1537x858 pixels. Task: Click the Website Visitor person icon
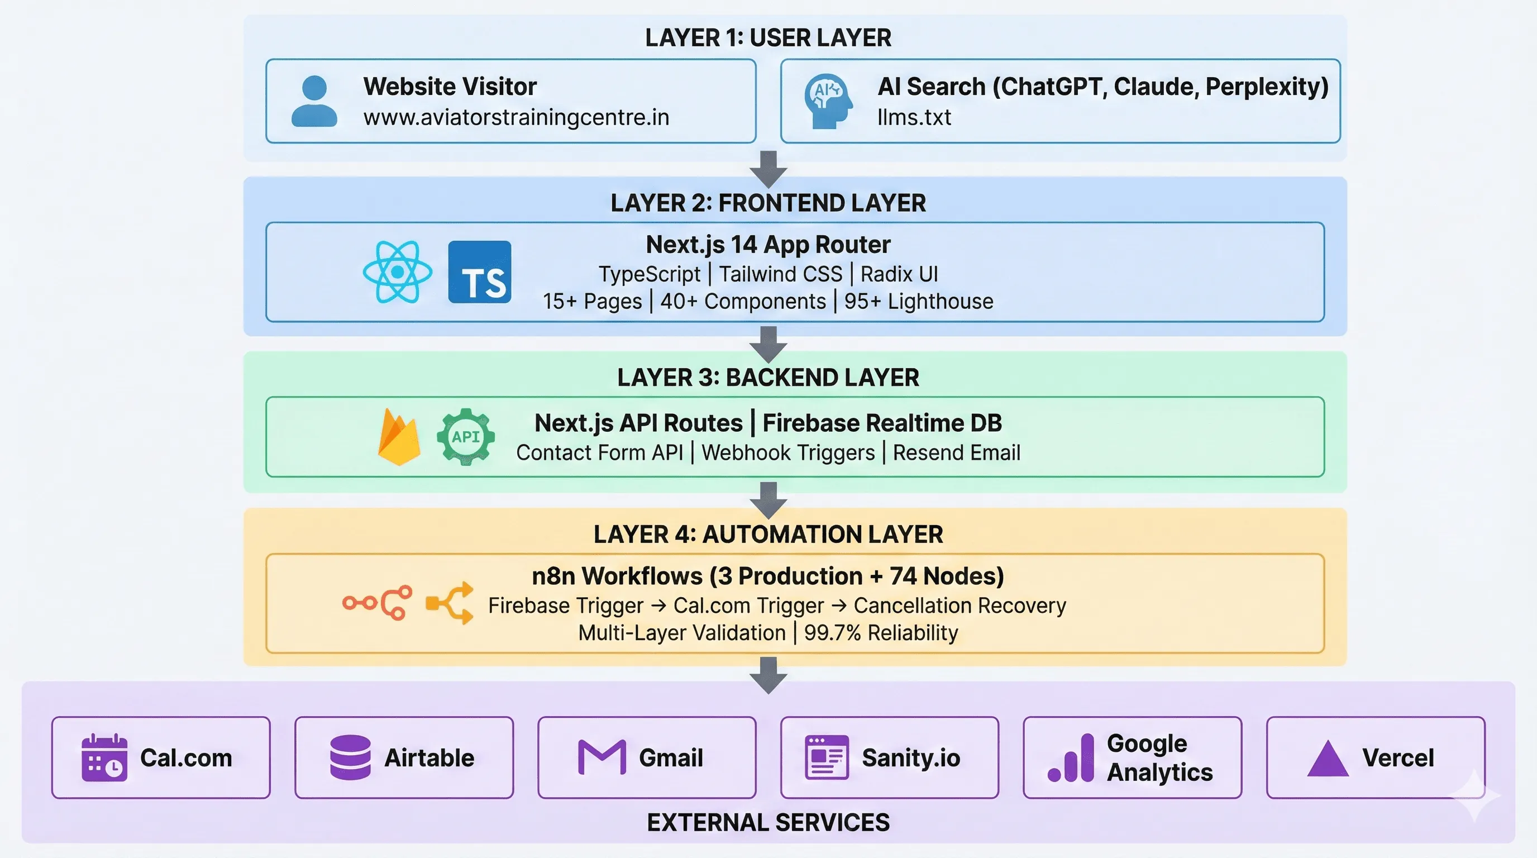pyautogui.click(x=314, y=102)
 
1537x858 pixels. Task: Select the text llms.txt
pyautogui.click(x=914, y=117)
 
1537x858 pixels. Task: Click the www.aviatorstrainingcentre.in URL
pyautogui.click(x=516, y=117)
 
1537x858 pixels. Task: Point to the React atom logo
pyautogui.click(x=398, y=272)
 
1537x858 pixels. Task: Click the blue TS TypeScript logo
pyautogui.click(x=480, y=272)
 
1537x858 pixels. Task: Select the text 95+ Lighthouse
pyautogui.click(x=919, y=301)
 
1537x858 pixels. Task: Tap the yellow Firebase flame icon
pyautogui.click(x=399, y=437)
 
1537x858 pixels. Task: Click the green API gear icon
pyautogui.click(x=465, y=437)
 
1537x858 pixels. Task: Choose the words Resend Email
pyautogui.click(x=957, y=453)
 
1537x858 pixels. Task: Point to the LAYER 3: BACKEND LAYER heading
pyautogui.click(x=768, y=378)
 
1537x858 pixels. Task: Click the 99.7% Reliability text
pyautogui.click(x=881, y=632)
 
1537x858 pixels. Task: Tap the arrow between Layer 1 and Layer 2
pyautogui.click(x=768, y=169)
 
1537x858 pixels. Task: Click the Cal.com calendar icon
pyautogui.click(x=104, y=758)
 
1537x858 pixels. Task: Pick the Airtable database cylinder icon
pyautogui.click(x=350, y=758)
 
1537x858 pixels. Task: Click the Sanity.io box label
pyautogui.click(x=910, y=758)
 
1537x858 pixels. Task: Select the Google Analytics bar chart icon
pyautogui.click(x=1072, y=759)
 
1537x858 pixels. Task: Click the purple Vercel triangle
pyautogui.click(x=1328, y=759)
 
